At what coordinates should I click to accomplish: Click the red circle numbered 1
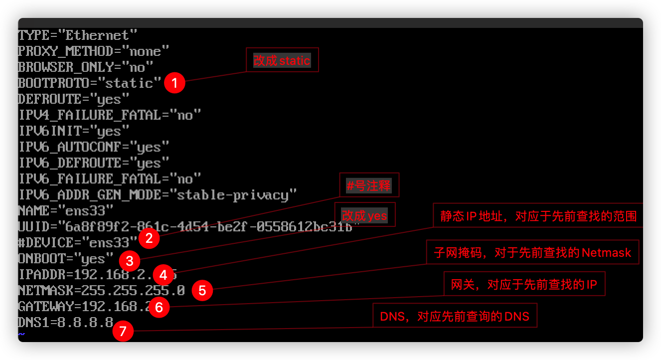pos(174,83)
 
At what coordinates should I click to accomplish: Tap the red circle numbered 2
pos(149,238)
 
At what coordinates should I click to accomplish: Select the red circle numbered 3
pos(130,260)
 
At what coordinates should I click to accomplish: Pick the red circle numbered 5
pos(202,291)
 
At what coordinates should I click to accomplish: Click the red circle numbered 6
pos(159,307)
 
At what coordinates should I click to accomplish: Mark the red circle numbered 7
pos(123,331)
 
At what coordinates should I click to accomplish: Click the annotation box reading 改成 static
pos(282,61)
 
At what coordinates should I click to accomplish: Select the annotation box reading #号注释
pos(369,186)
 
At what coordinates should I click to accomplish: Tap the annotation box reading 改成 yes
pos(364,215)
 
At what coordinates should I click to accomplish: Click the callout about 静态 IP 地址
pos(538,216)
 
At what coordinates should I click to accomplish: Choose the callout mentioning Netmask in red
pos(532,252)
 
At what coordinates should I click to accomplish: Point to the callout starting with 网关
pos(524,285)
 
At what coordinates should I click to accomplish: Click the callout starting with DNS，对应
pos(455,316)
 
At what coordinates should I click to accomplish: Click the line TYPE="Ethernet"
pos(77,35)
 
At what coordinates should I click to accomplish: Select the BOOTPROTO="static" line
pos(89,83)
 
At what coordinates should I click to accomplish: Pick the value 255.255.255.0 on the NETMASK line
pos(133,290)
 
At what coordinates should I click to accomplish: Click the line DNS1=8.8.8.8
pos(65,322)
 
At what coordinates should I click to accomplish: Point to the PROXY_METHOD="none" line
pos(93,51)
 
